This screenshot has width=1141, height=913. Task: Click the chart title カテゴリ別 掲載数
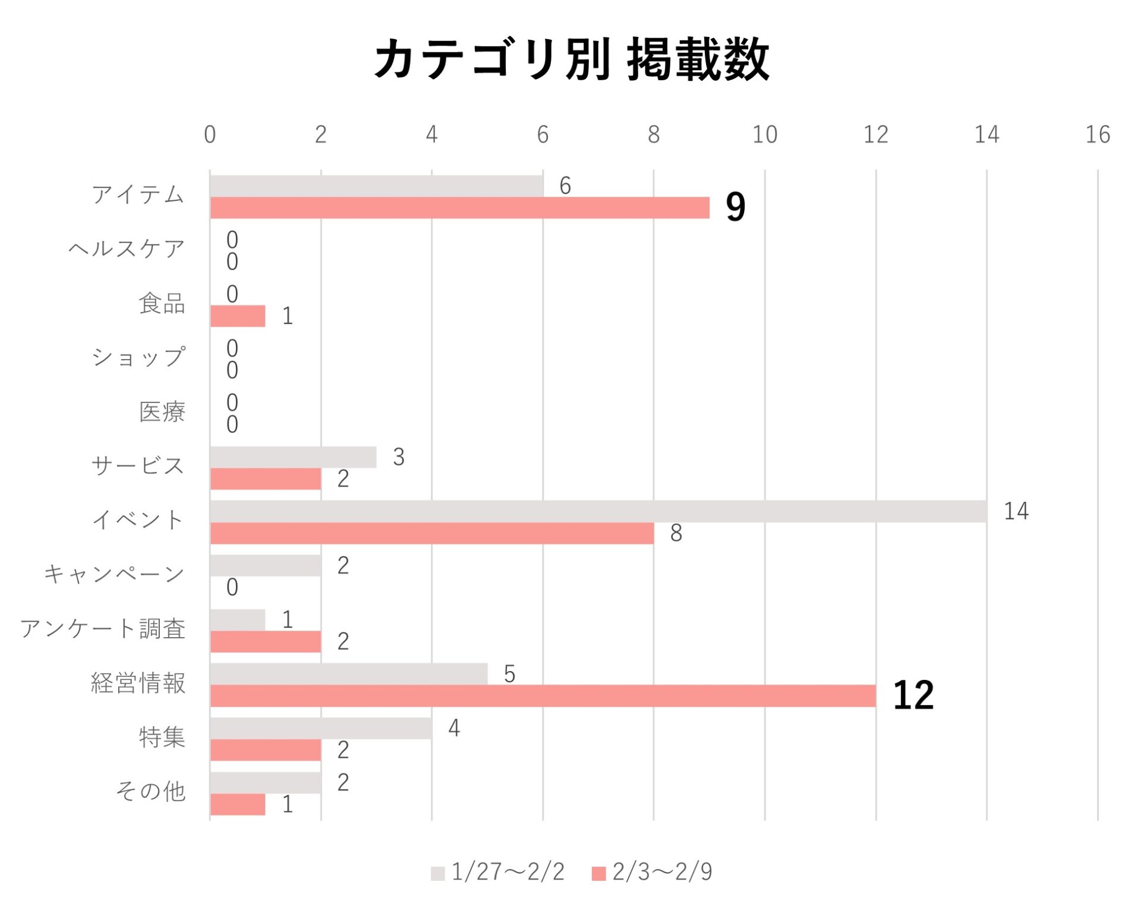572,59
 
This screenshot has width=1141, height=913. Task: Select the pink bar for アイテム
459,208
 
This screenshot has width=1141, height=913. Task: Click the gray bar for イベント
598,511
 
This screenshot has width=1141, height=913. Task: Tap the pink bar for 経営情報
543,696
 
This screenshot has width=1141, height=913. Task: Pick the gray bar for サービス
293,457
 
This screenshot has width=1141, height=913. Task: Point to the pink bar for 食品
238,316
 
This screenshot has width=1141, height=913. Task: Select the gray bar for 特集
321,728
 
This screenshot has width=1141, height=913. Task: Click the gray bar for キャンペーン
266,565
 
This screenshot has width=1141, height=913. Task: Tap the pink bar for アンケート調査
266,641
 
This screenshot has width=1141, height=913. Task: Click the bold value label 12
913,695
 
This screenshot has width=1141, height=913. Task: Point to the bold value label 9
735,207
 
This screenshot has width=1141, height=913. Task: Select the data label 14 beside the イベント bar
1016,511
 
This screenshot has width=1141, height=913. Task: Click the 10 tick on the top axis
764,135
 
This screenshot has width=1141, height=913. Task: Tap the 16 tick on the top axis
1098,135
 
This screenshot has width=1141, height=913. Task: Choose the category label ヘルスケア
127,248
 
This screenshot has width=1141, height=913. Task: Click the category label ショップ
138,357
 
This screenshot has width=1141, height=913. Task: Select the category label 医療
162,412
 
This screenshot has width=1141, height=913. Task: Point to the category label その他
150,792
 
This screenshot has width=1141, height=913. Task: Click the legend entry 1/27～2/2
507,872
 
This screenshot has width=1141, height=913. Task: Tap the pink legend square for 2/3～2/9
598,873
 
